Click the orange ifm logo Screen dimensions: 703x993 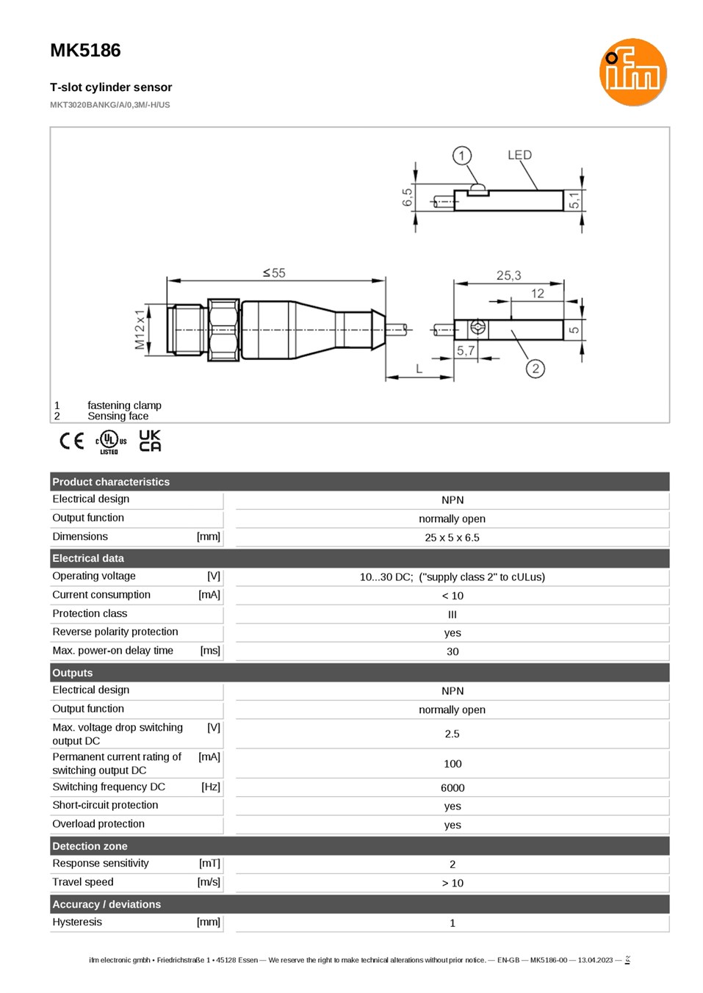[632, 72]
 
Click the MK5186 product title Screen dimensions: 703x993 [85, 50]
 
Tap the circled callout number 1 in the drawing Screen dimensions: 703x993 [461, 156]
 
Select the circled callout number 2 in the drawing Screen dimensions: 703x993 [536, 369]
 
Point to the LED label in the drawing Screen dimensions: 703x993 [519, 155]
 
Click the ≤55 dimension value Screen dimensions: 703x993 [274, 272]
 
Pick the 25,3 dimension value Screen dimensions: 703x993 [508, 275]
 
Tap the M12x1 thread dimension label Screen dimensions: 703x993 [140, 329]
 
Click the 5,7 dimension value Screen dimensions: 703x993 [466, 350]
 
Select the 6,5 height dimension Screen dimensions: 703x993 [407, 198]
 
